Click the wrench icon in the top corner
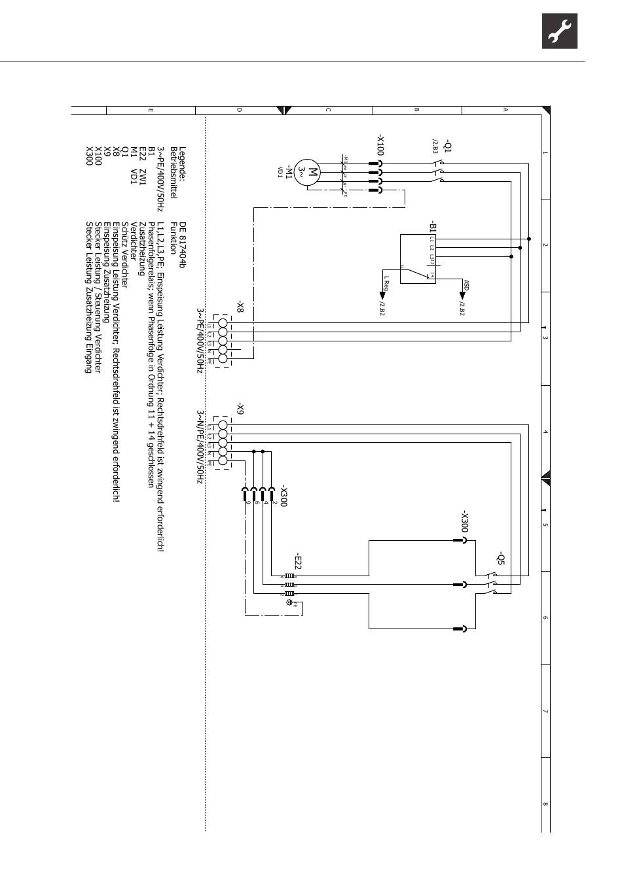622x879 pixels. click(x=560, y=31)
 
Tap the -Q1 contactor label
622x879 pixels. click(x=448, y=145)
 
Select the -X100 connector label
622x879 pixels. click(x=380, y=146)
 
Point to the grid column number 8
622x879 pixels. click(x=545, y=804)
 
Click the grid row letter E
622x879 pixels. click(x=151, y=110)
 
